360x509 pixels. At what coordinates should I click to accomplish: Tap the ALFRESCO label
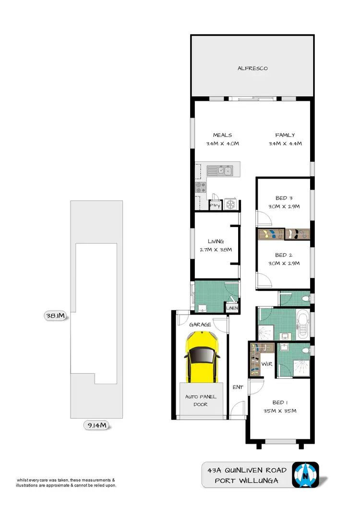[x=252, y=68]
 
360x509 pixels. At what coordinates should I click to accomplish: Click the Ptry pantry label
[x=215, y=206]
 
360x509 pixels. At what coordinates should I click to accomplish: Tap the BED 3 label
[x=281, y=198]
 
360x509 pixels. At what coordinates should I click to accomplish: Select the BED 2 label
[x=281, y=255]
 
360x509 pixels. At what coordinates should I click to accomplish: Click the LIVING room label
[x=216, y=241]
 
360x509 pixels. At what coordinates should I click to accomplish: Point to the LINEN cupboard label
[x=232, y=308]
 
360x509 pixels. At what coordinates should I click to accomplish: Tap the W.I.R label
[x=267, y=364]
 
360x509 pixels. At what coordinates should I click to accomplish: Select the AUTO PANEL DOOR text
[x=201, y=400]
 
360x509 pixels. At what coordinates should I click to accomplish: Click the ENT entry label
[x=237, y=386]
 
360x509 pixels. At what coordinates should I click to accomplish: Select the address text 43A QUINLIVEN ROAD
[x=245, y=470]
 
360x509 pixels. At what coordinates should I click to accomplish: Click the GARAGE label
[x=200, y=325]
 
